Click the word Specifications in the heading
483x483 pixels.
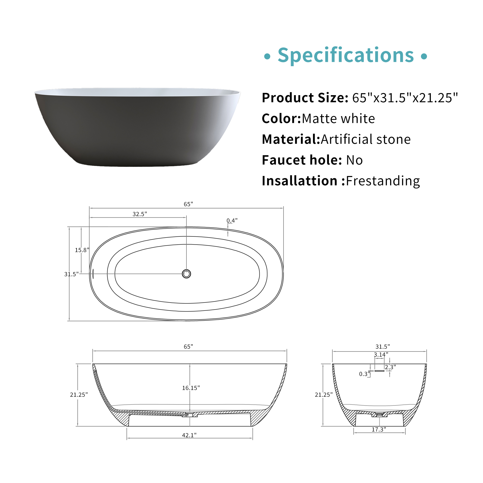(346, 56)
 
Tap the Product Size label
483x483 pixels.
(305, 98)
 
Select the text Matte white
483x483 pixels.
(338, 119)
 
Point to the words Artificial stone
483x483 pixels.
(365, 139)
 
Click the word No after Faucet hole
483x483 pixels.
(354, 160)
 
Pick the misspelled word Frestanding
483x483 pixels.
(383, 181)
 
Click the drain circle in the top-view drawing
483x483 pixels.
(186, 274)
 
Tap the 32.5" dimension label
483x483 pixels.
(140, 214)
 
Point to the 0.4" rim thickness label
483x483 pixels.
(232, 220)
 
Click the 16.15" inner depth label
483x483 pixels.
(191, 388)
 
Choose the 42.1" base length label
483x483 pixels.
(189, 435)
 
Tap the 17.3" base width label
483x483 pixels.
(379, 429)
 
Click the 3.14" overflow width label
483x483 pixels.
(381, 355)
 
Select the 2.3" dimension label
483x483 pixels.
(390, 367)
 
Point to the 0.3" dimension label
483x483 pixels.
(364, 374)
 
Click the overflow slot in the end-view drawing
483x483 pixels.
(379, 371)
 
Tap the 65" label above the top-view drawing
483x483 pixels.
(189, 204)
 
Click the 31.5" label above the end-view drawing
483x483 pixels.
(383, 347)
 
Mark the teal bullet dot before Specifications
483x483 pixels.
(267, 56)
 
